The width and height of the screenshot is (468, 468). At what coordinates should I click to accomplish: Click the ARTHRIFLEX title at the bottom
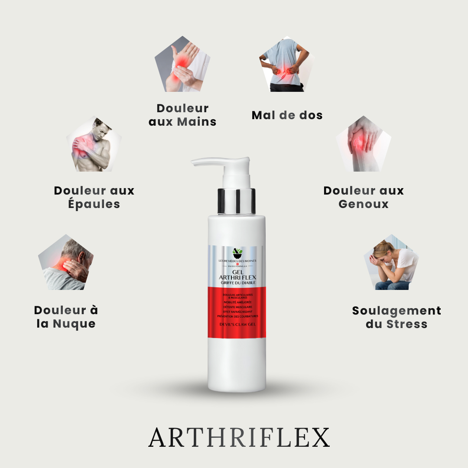239,438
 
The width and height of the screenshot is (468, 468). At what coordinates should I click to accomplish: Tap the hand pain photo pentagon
182,65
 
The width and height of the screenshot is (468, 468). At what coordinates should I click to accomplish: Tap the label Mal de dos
287,115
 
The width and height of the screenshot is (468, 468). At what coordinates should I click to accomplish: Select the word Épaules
94,204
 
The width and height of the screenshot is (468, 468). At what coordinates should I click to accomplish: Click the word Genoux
364,204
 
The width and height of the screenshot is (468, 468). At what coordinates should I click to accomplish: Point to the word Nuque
74,324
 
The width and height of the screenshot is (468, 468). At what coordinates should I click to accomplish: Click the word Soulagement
396,311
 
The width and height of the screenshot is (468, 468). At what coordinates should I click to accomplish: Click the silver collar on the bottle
236,201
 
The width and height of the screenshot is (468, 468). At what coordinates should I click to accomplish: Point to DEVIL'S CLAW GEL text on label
237,323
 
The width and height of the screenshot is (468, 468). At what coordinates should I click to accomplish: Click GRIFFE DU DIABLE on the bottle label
237,283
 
